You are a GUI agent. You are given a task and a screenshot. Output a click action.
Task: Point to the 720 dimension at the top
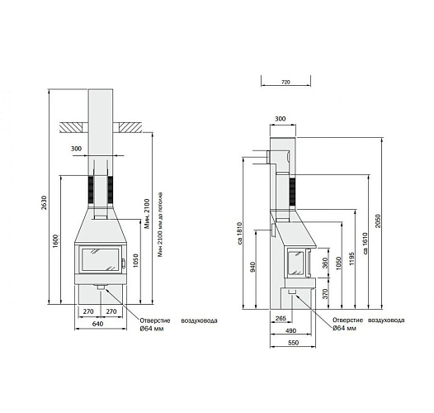[x=285, y=83]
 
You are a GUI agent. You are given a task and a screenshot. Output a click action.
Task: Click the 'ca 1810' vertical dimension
[x=238, y=233]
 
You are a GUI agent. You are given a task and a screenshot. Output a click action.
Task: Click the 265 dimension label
[x=281, y=319]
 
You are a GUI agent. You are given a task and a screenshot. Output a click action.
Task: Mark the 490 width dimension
[x=291, y=330]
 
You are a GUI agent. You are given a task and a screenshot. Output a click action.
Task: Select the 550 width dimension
[x=293, y=342]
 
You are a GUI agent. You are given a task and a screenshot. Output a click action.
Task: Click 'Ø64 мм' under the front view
[x=153, y=329]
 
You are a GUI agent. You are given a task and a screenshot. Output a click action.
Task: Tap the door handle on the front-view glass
[x=121, y=264]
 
